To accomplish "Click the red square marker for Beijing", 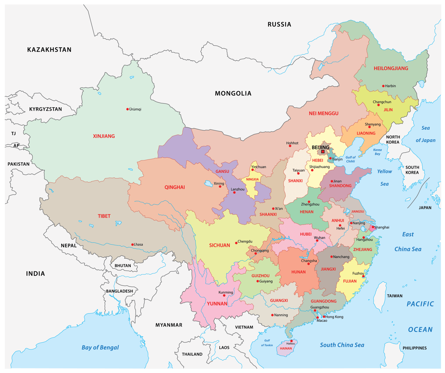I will point(323,152).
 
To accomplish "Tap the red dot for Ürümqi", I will point(128,109).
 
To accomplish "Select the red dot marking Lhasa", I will point(132,245).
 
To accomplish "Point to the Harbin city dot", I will point(383,86).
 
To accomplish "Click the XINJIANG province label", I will point(104,136).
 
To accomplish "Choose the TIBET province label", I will point(104,216).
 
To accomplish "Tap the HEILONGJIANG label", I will point(391,68).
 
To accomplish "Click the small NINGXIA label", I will point(252,179).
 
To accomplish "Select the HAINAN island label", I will point(286,348).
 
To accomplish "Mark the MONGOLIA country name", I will point(233,93).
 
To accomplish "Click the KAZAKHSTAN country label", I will point(49,50).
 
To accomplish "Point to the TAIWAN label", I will point(395,296).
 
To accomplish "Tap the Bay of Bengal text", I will point(100,348).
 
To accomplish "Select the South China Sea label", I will point(342,345).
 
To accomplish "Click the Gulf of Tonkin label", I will point(267,343).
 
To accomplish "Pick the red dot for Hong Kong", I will point(324,317).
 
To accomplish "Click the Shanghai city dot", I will point(373,227).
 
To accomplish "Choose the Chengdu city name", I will point(245,242).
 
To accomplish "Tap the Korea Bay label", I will point(377,152).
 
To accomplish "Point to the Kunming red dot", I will point(224,295).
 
